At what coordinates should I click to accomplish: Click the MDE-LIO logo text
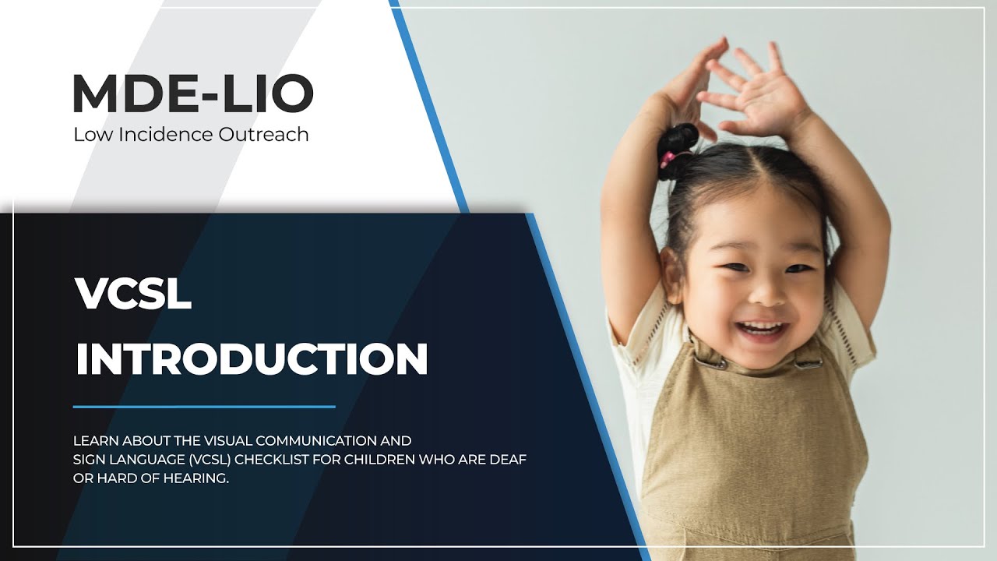click(192, 93)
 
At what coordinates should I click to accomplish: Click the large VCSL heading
click(133, 295)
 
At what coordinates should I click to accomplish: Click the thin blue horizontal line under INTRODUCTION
click(204, 406)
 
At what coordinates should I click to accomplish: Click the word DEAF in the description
click(509, 460)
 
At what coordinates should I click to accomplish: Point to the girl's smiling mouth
click(761, 328)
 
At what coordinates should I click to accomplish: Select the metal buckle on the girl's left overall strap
click(808, 362)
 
